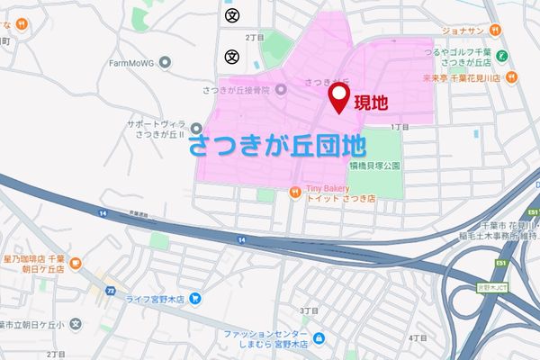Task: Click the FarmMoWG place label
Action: (133, 65)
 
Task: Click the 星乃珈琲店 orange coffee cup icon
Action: (76, 265)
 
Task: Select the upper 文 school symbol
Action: (232, 14)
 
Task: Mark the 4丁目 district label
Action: (417, 337)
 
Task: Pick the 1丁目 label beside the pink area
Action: (400, 127)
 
